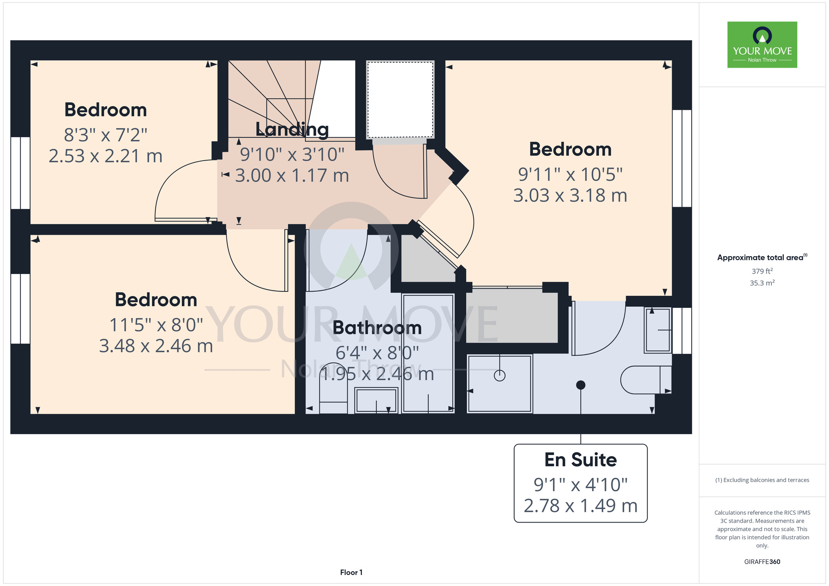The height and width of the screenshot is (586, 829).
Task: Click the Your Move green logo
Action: (x=762, y=45)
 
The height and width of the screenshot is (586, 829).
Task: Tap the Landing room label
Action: (x=292, y=129)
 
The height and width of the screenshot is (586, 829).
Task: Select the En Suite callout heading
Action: (x=580, y=460)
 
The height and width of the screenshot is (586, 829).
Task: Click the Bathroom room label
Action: (x=377, y=328)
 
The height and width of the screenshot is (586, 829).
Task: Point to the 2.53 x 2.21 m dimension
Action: (x=106, y=156)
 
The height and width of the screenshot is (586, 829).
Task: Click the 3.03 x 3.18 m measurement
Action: (x=570, y=196)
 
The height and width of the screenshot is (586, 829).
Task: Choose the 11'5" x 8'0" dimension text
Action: (x=156, y=325)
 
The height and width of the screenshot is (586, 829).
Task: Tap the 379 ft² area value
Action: (x=762, y=271)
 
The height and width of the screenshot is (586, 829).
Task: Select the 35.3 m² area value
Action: (x=762, y=283)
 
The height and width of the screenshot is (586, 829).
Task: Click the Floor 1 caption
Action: (x=351, y=572)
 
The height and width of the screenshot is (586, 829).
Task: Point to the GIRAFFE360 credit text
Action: (x=762, y=562)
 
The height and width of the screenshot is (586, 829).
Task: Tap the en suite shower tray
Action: (x=499, y=384)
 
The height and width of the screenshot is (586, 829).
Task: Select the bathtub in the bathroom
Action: (x=428, y=354)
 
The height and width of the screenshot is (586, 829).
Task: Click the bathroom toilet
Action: (x=333, y=397)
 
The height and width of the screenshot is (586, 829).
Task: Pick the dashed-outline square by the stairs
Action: (x=400, y=100)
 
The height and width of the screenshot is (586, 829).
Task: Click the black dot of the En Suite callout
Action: (x=581, y=385)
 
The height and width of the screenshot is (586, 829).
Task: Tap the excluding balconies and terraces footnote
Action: (x=762, y=480)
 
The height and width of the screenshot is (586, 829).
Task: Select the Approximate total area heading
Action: (x=762, y=257)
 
